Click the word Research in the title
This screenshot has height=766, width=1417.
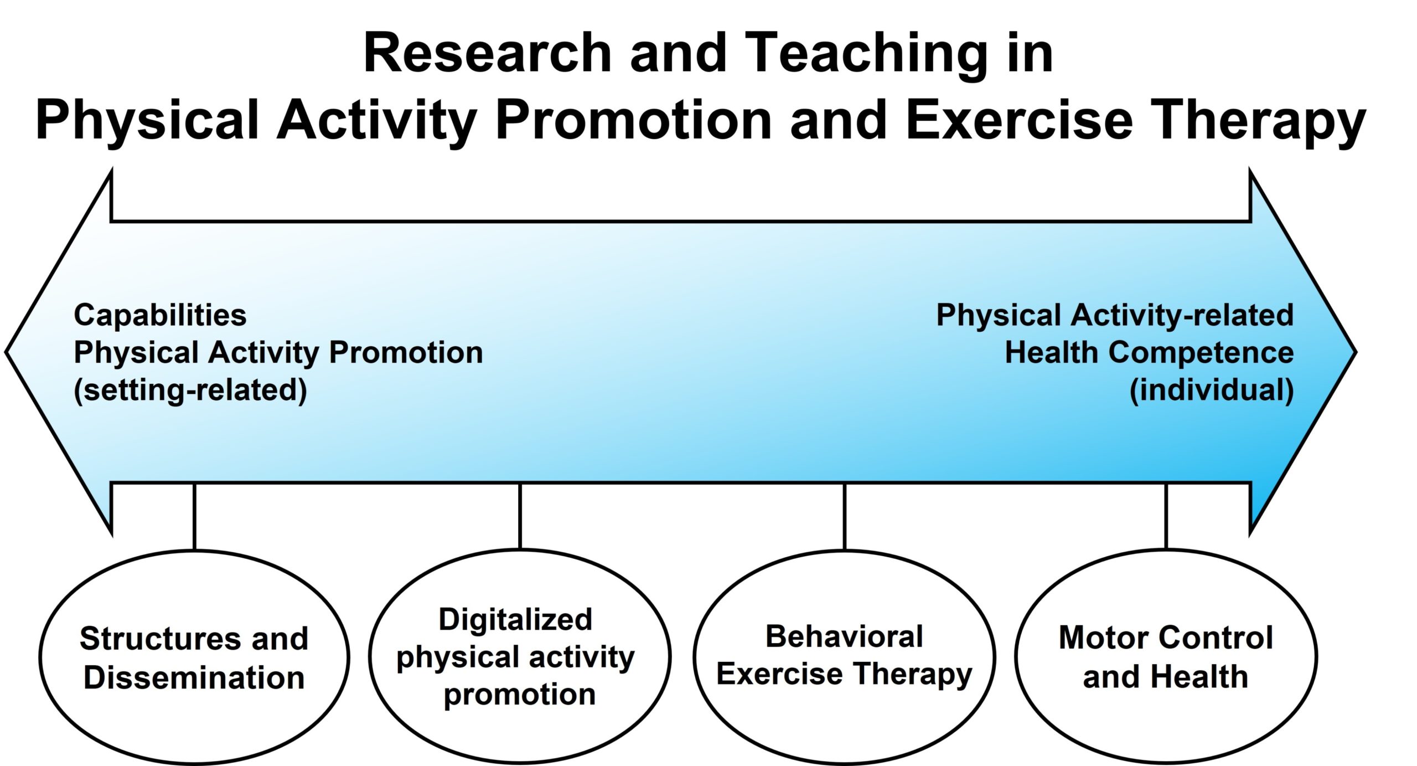coord(488,53)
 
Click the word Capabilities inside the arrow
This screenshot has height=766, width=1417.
coord(160,316)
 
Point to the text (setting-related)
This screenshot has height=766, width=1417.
coord(190,390)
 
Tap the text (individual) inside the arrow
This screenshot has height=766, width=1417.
coord(1212,390)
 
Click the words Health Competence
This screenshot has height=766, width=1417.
coord(1150,353)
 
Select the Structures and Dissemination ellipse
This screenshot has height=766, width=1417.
coord(194,657)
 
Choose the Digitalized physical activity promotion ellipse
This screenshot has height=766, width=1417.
coord(520,657)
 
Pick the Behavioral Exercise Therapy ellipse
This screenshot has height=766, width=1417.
coord(845,657)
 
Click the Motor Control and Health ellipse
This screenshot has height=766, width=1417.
coord(1166,657)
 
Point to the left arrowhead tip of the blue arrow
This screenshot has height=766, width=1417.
coord(6,352)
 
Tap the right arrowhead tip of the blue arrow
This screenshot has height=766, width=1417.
coord(1356,352)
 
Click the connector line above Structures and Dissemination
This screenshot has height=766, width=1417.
coord(194,517)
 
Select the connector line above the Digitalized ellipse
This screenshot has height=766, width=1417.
coord(520,516)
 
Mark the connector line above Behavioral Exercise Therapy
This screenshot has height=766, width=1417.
coord(845,517)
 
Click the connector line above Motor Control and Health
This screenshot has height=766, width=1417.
coord(1166,516)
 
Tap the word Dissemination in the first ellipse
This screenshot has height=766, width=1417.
coord(194,678)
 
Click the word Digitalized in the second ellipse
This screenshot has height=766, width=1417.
coord(515,620)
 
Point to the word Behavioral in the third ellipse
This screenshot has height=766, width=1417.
coord(844,636)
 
